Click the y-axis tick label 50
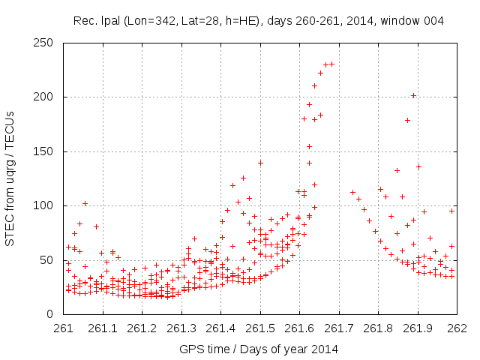click(x=52, y=260)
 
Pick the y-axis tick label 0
click(x=55, y=314)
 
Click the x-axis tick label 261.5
click(x=260, y=328)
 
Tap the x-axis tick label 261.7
click(x=339, y=328)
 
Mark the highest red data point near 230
click(x=331, y=64)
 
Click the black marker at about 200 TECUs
click(x=413, y=95)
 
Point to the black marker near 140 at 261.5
click(x=260, y=163)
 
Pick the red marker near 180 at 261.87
click(x=408, y=120)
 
